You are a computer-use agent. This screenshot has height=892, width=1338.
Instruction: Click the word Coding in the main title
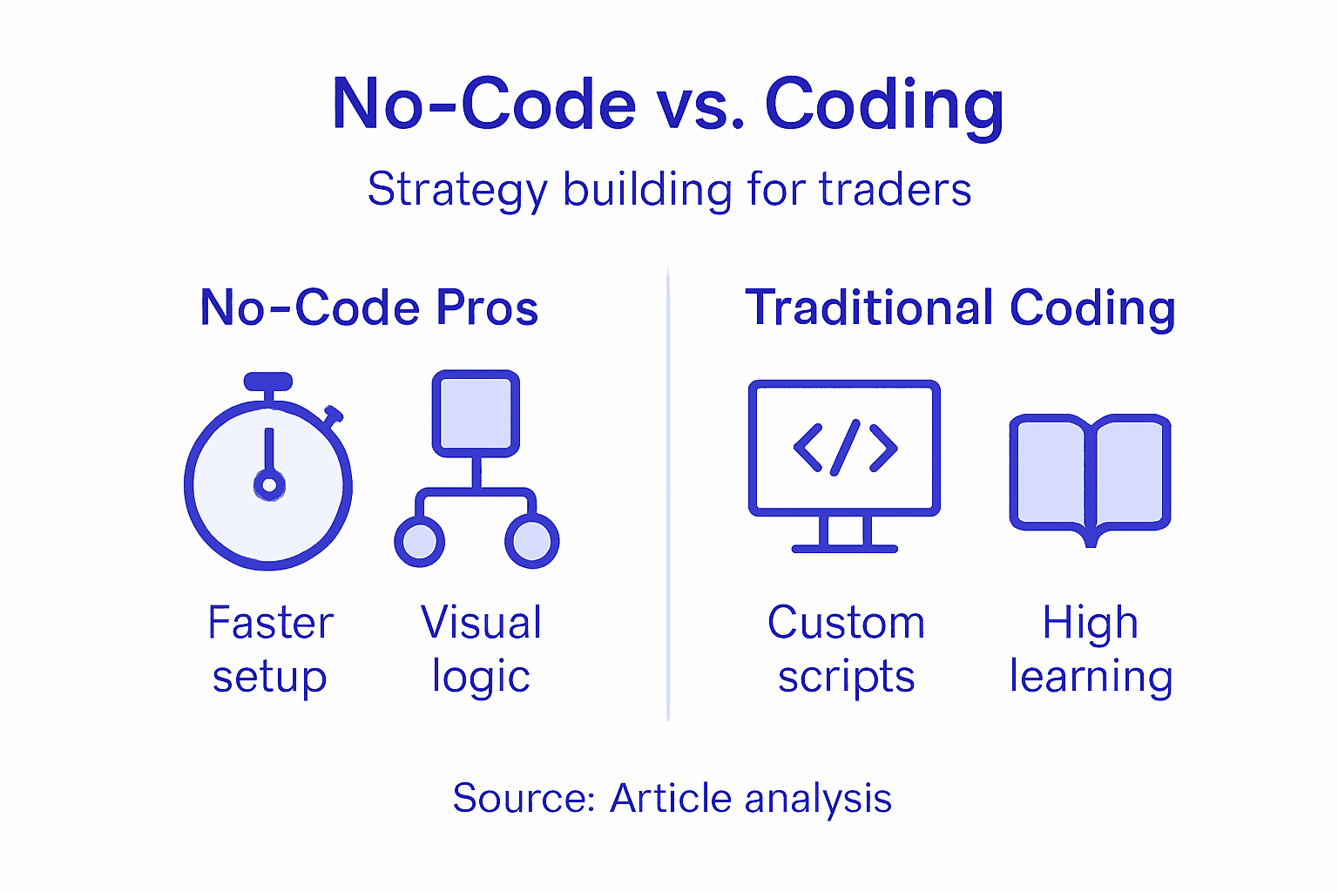tap(884, 105)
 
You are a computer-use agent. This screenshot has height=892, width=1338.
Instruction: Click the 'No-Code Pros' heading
tap(369, 307)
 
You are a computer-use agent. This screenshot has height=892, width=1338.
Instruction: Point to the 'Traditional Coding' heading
tap(960, 307)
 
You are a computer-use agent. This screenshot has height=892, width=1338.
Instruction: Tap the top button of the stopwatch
tap(268, 382)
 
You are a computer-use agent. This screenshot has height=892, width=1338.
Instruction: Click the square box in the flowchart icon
tap(476, 413)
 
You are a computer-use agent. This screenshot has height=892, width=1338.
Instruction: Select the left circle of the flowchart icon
tap(420, 541)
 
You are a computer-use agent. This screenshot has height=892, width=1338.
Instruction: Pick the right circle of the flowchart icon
tap(531, 541)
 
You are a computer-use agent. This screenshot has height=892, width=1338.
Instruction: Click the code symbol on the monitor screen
tap(845, 447)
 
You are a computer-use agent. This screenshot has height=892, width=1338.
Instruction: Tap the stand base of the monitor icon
tap(844, 549)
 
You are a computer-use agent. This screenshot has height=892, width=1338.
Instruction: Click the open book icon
tap(1090, 476)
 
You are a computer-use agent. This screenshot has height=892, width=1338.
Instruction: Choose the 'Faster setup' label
tap(270, 649)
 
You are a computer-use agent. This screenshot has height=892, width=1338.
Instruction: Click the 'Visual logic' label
tap(481, 649)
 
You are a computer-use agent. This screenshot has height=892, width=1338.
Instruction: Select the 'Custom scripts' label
tap(846, 649)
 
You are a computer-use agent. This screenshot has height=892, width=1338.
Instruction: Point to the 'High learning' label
tap(1091, 649)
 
